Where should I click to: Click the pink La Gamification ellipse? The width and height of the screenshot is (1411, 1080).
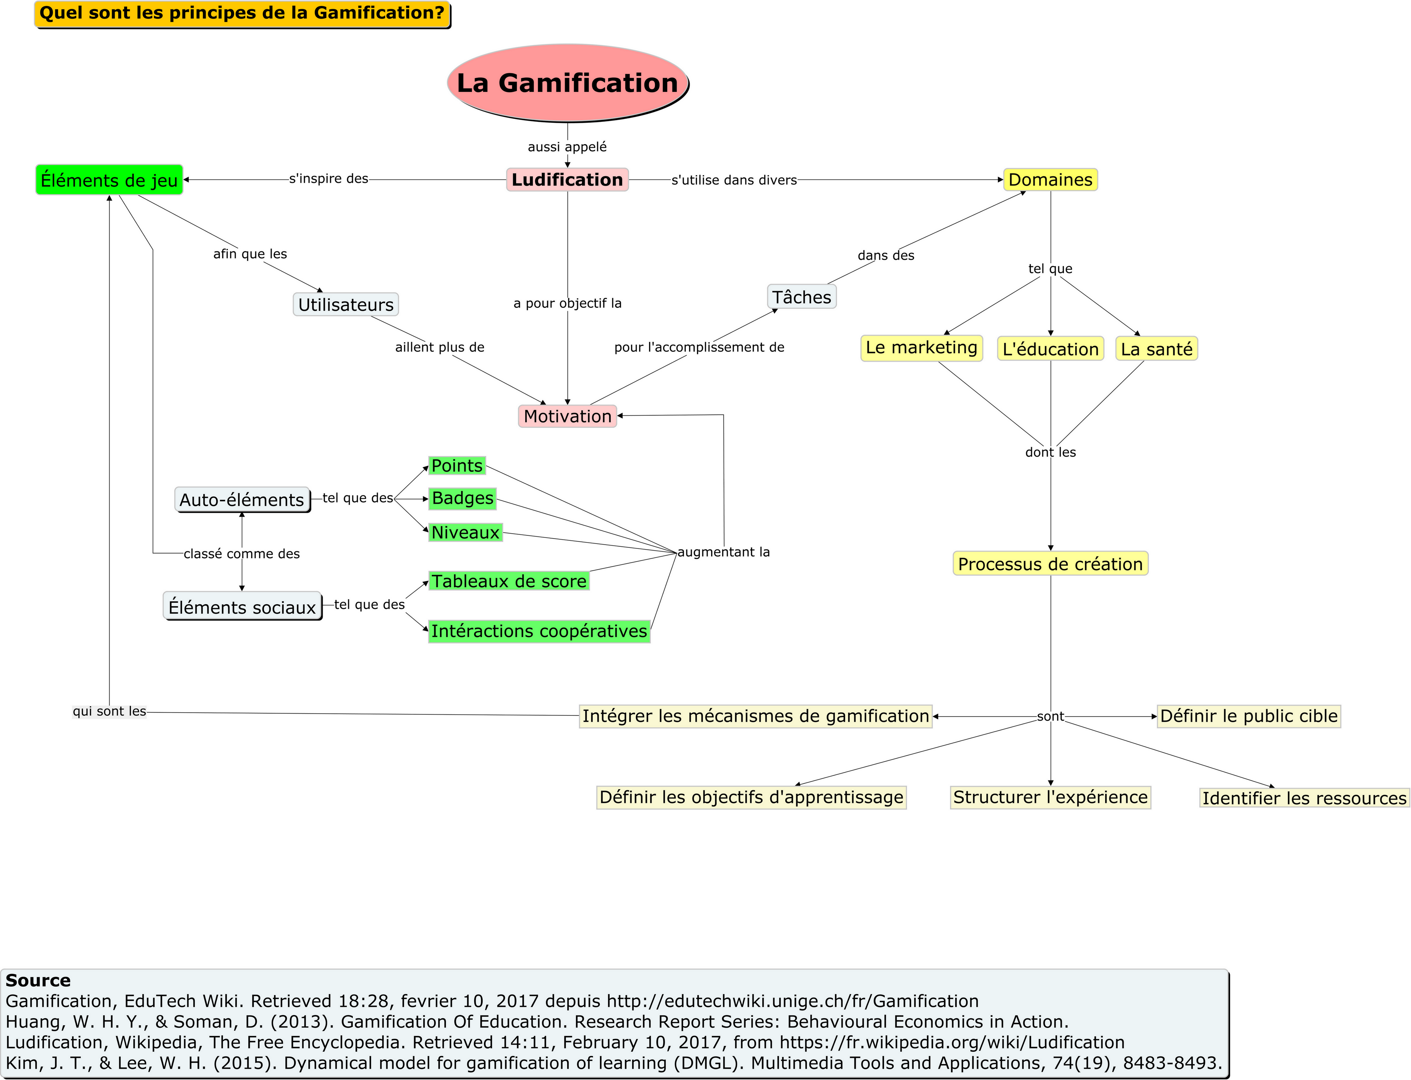(x=567, y=83)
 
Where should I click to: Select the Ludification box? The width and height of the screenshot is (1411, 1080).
(x=567, y=180)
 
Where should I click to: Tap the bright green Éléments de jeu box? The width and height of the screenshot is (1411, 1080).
(x=109, y=180)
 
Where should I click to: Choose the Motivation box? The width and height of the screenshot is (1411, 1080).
(x=567, y=416)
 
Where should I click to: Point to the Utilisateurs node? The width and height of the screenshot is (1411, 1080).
(x=346, y=304)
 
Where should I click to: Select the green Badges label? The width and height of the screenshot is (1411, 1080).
(x=462, y=498)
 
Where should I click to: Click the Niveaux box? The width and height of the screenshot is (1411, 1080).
(x=465, y=532)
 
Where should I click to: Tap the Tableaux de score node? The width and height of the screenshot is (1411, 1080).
(x=509, y=581)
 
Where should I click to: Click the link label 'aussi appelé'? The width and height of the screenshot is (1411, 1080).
(x=567, y=146)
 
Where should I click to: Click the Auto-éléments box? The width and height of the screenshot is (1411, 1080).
(x=242, y=499)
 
